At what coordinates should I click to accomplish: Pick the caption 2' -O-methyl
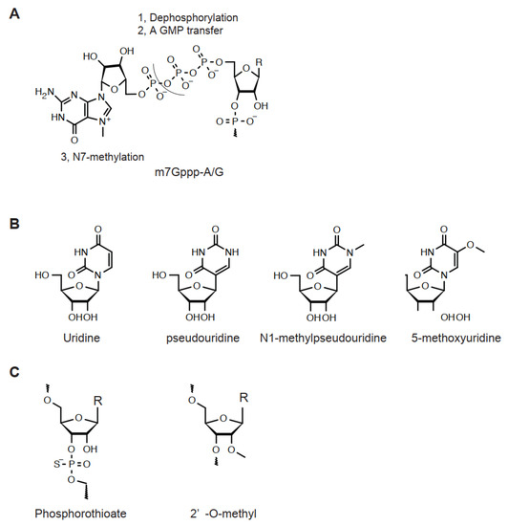point(222,514)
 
